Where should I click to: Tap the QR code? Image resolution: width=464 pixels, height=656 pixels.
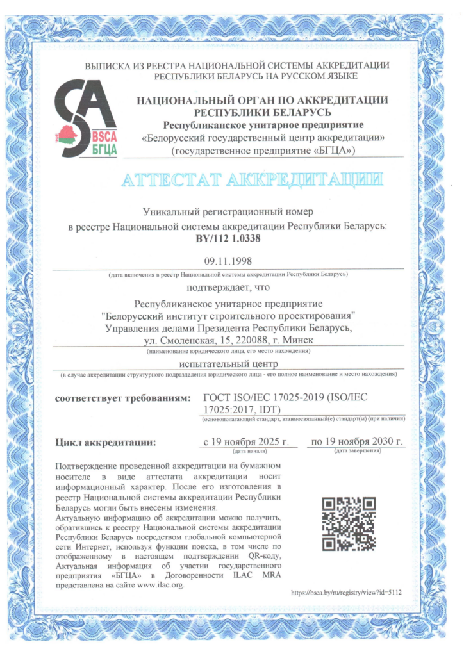348,524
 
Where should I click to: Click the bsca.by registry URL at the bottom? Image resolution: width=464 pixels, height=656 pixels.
346,593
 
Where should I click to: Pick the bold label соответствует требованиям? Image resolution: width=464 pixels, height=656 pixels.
122,398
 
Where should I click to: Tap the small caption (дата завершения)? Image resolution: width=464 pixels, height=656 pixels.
357,451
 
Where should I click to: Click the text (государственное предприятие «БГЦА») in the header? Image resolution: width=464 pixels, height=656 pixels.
263,150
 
